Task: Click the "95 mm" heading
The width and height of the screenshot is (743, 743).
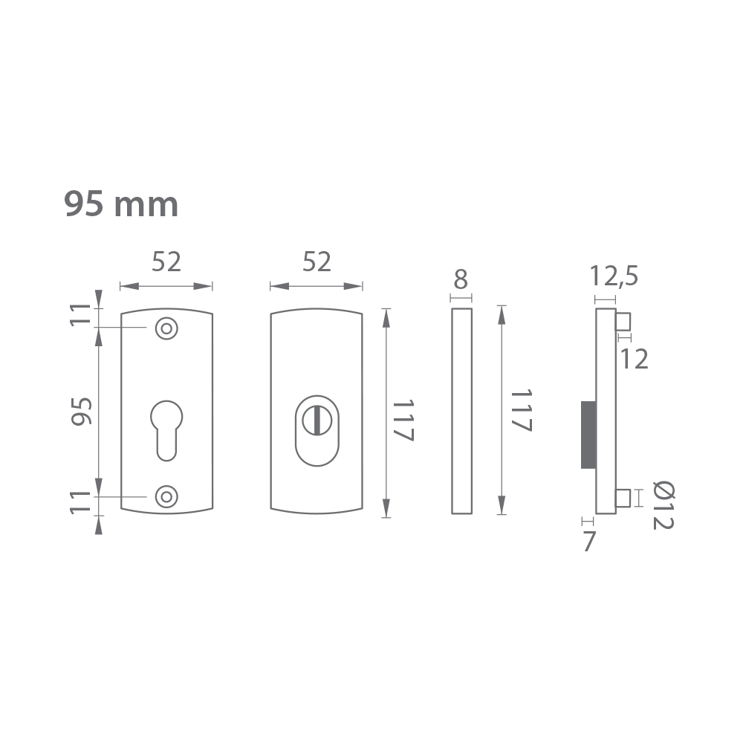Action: pos(121,204)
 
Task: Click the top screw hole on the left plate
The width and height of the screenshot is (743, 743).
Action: pos(166,328)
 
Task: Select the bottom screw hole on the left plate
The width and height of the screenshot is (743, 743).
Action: pos(166,496)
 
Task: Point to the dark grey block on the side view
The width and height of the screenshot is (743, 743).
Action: pos(588,435)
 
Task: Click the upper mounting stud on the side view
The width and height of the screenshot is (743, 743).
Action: pos(623,321)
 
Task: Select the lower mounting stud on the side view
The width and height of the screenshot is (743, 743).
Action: pos(623,498)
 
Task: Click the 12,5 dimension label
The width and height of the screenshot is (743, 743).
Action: pos(614,276)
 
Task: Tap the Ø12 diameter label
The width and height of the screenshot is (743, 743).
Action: pos(663,505)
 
